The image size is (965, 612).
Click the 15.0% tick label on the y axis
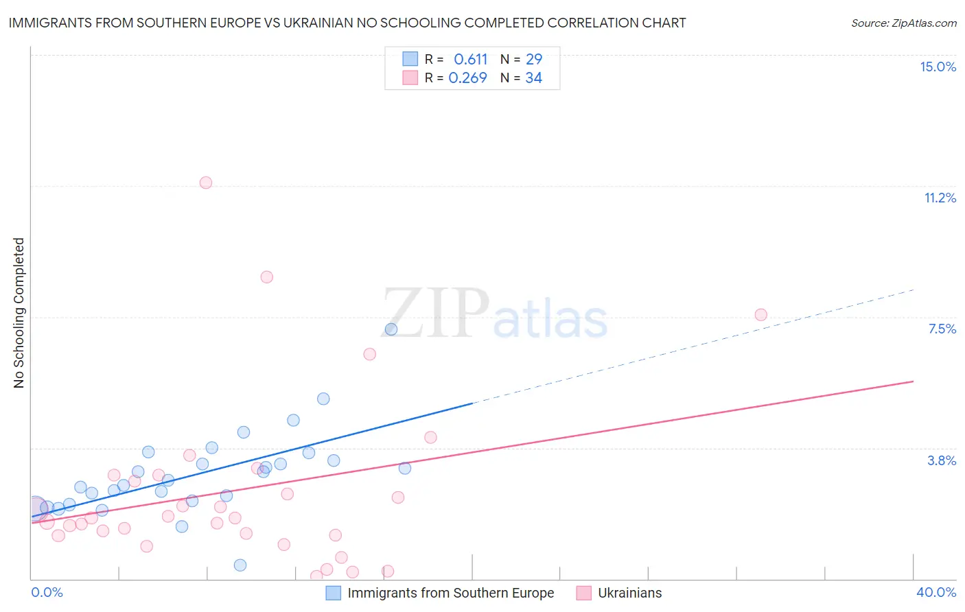point(938,67)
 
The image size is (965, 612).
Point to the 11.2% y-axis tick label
point(940,198)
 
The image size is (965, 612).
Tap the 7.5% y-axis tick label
point(942,329)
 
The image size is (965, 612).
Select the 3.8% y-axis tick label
point(942,460)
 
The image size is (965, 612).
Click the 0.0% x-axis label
point(47,592)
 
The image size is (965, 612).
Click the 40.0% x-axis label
point(935,592)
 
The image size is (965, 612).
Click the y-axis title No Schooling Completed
point(19,313)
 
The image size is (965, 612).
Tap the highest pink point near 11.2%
point(206,183)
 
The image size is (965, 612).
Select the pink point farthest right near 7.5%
point(760,315)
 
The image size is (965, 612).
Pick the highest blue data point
point(391,329)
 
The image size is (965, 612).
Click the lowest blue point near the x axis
point(240,565)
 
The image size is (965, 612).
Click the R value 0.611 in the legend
point(470,60)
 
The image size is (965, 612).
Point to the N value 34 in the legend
point(533,78)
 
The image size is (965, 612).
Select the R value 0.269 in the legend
point(467,78)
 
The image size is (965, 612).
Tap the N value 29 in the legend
point(533,60)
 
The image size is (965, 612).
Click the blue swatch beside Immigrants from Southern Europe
point(333,593)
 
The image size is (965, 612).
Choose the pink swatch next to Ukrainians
point(583,593)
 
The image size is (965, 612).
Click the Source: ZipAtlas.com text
point(903,23)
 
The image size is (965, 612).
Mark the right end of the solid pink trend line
point(914,381)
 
